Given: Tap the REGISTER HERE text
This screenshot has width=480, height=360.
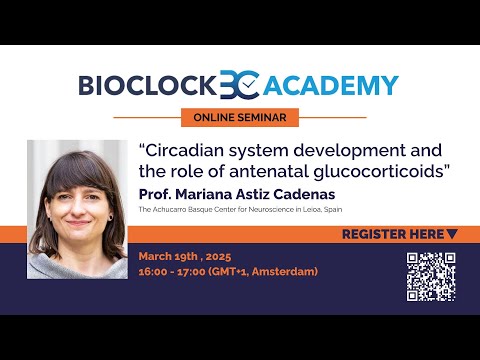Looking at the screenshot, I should tap(392, 234).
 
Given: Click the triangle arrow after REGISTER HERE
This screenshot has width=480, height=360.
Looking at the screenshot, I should tap(452, 234).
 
